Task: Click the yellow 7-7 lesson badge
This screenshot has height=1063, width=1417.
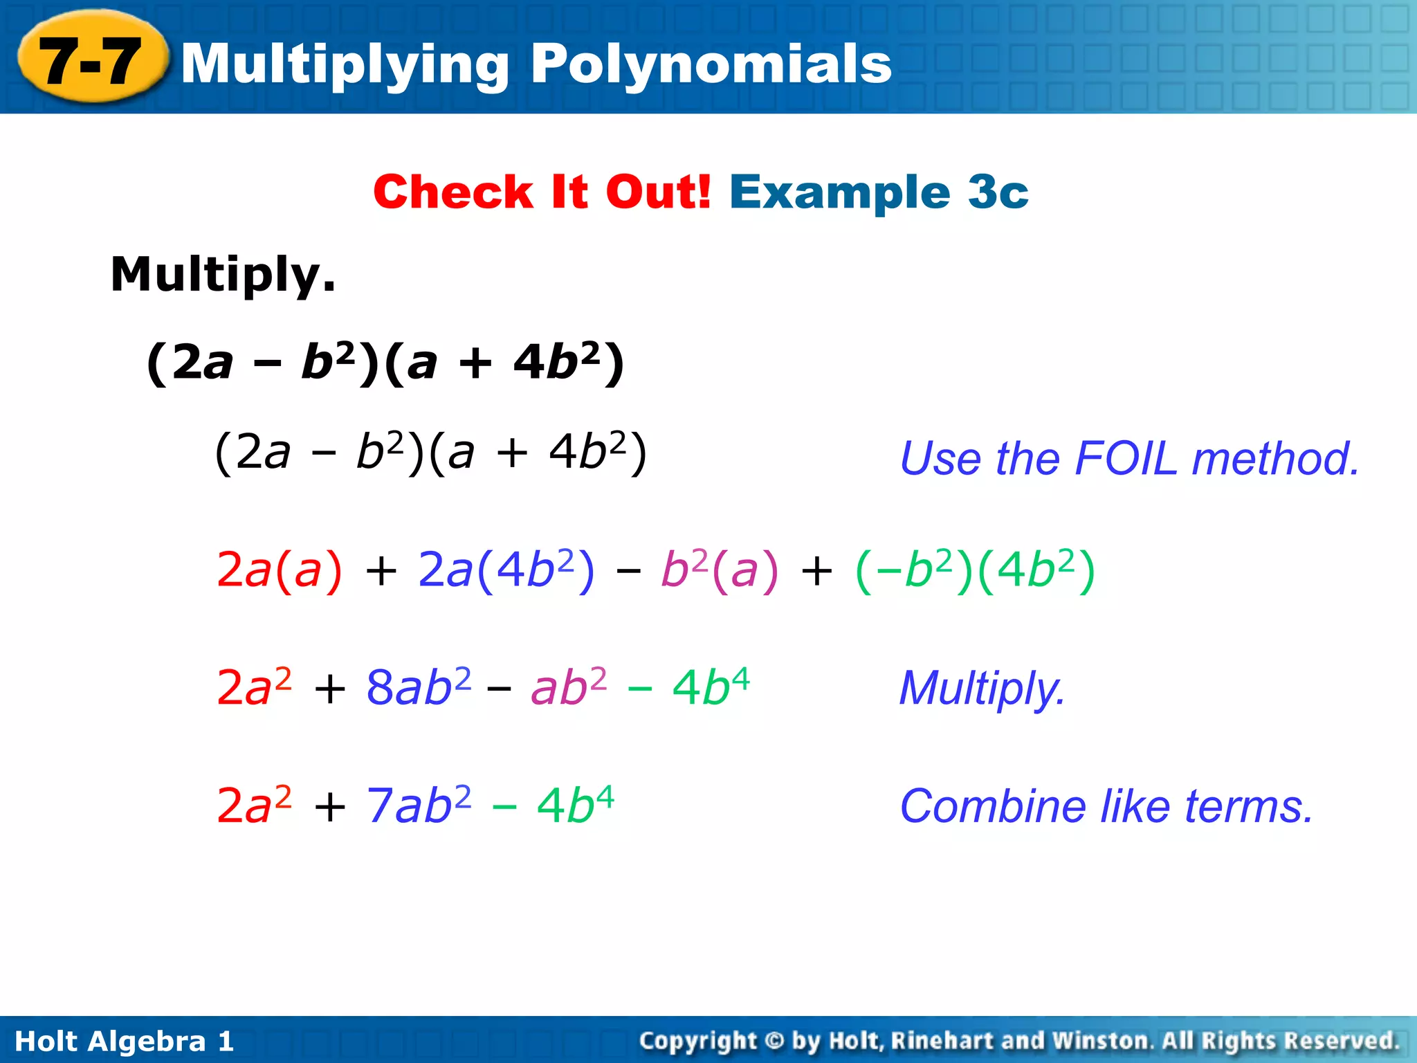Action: pyautogui.click(x=92, y=61)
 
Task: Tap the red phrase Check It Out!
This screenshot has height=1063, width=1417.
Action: pyautogui.click(x=542, y=192)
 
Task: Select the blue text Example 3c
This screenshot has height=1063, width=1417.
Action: pyautogui.click(x=879, y=192)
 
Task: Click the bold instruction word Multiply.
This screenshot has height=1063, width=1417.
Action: pyautogui.click(x=223, y=275)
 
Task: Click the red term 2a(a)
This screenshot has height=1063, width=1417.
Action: pyautogui.click(x=280, y=571)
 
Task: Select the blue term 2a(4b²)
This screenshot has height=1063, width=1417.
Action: pyautogui.click(x=506, y=571)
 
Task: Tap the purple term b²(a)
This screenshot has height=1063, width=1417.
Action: pyautogui.click(x=720, y=571)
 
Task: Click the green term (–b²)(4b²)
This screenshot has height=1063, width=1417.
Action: pyautogui.click(x=975, y=571)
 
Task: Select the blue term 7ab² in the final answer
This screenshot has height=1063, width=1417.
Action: pyautogui.click(x=419, y=806)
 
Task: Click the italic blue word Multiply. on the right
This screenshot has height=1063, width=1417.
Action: pyautogui.click(x=982, y=689)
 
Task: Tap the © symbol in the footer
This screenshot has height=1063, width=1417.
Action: pyautogui.click(x=775, y=1041)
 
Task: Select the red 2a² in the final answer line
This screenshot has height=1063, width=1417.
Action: pyautogui.click(x=254, y=806)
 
